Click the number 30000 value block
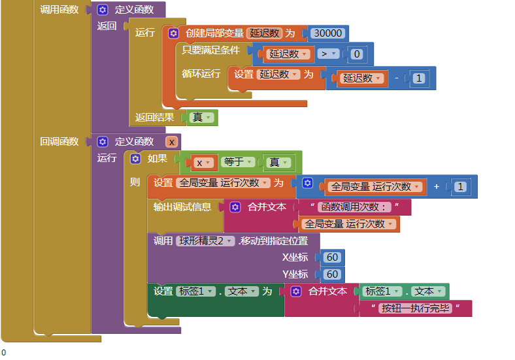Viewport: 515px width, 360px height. coord(327,33)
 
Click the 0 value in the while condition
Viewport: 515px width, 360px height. coord(356,54)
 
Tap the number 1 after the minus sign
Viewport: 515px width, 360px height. coord(418,78)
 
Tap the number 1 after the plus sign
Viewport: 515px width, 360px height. coord(460,187)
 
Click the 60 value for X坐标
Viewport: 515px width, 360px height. coord(332,257)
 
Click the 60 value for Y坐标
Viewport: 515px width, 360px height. coord(332,274)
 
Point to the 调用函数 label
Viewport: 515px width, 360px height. coord(59,10)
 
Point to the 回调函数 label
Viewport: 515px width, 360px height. coord(59,142)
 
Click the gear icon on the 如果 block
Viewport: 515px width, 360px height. coord(135,159)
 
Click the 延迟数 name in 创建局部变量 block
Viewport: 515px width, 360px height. coord(265,33)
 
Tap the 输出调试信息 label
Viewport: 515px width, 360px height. coord(182,207)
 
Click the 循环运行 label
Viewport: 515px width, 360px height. coord(201,74)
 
